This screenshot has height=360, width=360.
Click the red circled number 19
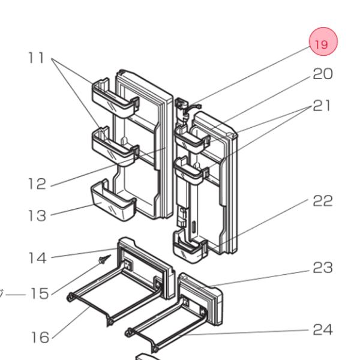(323, 44)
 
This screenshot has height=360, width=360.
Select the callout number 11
(37, 58)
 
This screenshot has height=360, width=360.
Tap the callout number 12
(37, 184)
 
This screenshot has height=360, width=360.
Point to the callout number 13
(37, 215)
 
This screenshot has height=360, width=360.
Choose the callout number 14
(37, 258)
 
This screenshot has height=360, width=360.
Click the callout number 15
(39, 294)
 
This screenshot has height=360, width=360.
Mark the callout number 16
(40, 337)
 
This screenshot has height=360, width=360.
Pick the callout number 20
(322, 74)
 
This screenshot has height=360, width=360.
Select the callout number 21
(322, 106)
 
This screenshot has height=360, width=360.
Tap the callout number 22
(322, 201)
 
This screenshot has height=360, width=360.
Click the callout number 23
(322, 268)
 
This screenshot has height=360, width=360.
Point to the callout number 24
(322, 329)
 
